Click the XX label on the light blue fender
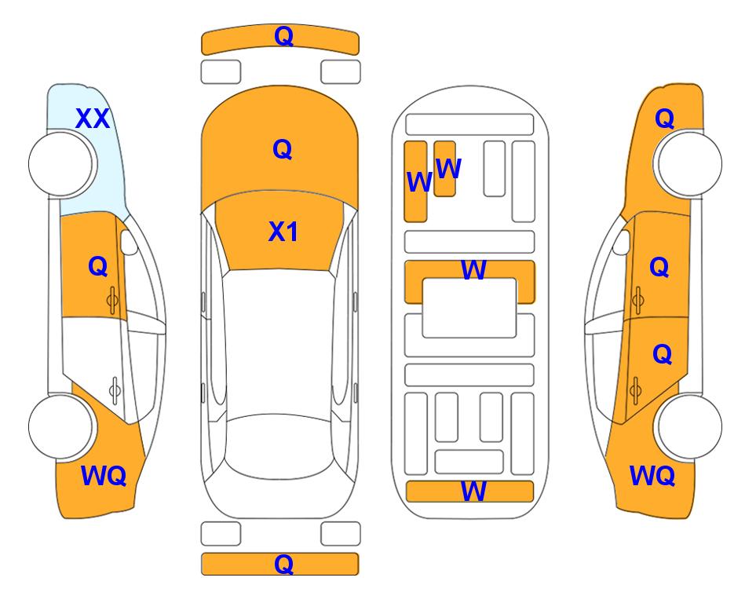(x=93, y=119)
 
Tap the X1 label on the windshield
(x=283, y=232)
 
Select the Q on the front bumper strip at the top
(x=283, y=36)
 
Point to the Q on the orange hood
(x=283, y=149)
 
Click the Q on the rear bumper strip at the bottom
(x=283, y=564)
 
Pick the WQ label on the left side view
(x=104, y=476)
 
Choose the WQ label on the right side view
(x=652, y=476)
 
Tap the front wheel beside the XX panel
(x=61, y=164)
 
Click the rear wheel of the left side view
(x=61, y=426)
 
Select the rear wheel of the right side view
(x=689, y=426)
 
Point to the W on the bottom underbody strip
(x=473, y=492)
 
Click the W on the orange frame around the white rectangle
(x=473, y=270)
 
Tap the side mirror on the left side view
(x=128, y=242)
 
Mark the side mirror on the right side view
(x=622, y=242)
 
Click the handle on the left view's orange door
(x=113, y=301)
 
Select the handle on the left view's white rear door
(x=115, y=390)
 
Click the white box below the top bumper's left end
(x=221, y=72)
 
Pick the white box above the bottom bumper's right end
(x=341, y=534)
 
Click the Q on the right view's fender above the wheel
(x=664, y=119)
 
